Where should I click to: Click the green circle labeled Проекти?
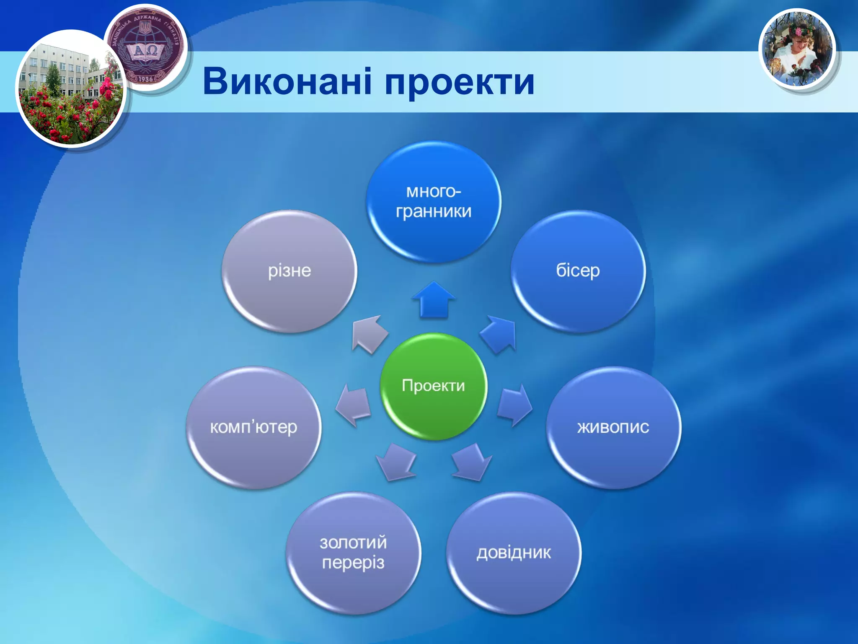point(434,386)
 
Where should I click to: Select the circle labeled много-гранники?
point(434,202)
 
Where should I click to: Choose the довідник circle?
point(514,553)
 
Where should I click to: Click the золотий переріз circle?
point(353,553)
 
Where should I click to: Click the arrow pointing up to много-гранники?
point(434,300)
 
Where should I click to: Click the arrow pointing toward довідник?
point(471,463)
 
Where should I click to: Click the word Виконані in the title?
point(287,81)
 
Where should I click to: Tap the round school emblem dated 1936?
point(145,47)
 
